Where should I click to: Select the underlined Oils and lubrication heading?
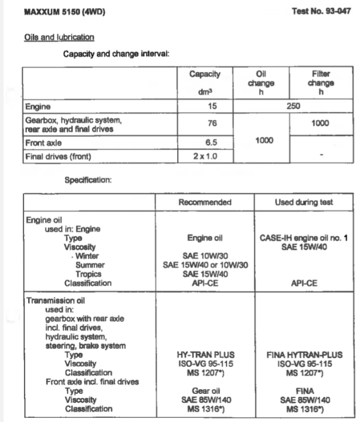pos(59,37)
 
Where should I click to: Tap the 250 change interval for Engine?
pos(293,107)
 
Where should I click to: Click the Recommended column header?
pos(205,202)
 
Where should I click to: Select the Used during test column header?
pos(304,202)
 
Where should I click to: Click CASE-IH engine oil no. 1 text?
pos(304,239)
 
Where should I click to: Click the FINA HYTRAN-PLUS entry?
pos(304,355)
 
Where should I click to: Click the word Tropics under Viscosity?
pos(89,274)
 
